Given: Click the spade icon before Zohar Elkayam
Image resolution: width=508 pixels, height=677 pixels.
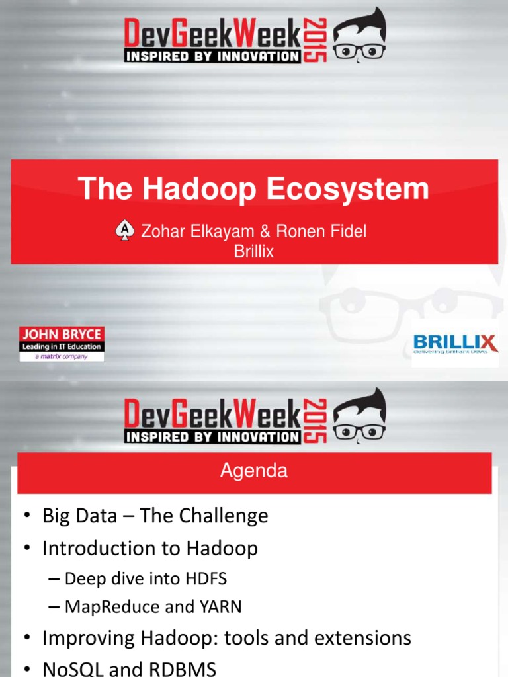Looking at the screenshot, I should pos(123,231).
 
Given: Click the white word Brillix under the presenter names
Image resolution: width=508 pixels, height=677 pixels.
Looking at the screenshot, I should pos(254,251).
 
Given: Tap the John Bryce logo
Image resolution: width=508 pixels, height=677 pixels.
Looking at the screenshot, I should pos(61,343).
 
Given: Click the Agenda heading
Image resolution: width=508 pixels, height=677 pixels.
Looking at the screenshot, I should pos(254,471).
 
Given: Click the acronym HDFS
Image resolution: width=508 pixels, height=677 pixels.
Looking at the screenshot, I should pos(204,579).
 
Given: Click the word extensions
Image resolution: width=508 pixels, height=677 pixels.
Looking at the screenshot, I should pos(364,638).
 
